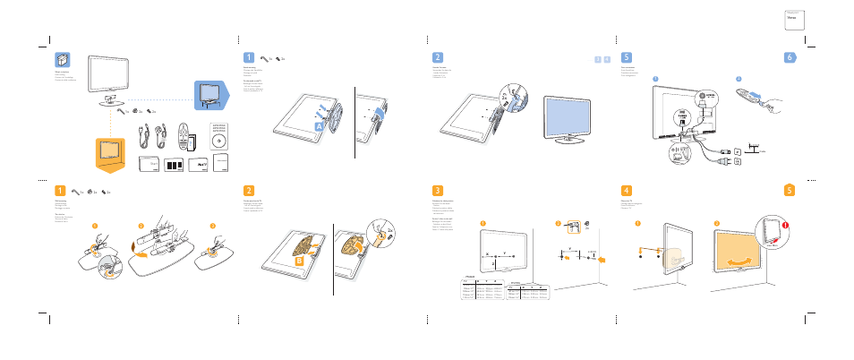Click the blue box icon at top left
(61, 60)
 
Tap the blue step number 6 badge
(790, 56)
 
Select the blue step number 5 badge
(627, 56)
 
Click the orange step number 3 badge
(437, 190)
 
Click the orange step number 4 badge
(627, 190)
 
